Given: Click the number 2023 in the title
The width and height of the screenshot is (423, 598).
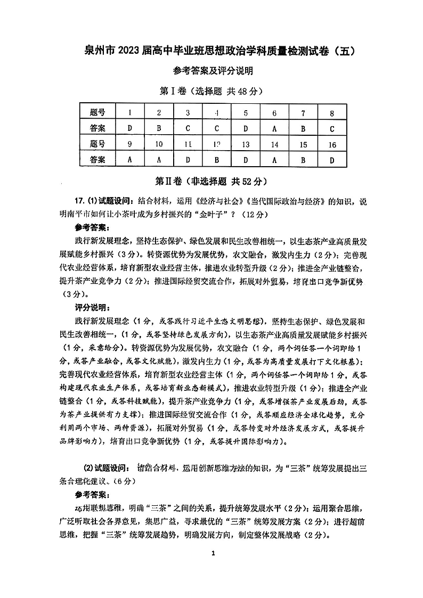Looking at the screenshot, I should click(x=126, y=51).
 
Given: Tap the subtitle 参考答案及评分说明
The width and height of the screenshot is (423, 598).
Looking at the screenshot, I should click(x=212, y=71).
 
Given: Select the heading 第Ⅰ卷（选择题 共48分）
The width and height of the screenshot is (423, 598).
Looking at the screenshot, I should click(x=211, y=91).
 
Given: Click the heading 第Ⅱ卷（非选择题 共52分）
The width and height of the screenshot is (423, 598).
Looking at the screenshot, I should click(x=211, y=181).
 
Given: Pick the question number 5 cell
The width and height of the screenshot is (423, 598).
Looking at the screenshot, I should click(x=246, y=112).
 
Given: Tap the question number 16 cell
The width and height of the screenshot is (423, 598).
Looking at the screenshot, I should click(x=332, y=144).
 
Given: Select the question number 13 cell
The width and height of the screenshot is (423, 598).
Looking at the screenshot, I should click(x=246, y=144).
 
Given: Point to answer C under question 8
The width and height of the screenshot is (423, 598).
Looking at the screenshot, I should click(x=332, y=128).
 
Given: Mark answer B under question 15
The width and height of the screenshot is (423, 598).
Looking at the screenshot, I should click(x=303, y=159).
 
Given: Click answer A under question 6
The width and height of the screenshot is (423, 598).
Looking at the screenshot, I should click(x=274, y=128).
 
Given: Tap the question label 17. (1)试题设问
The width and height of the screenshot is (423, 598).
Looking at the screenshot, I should click(x=105, y=201).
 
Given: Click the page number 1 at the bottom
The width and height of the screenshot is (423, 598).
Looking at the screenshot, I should click(x=212, y=554).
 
